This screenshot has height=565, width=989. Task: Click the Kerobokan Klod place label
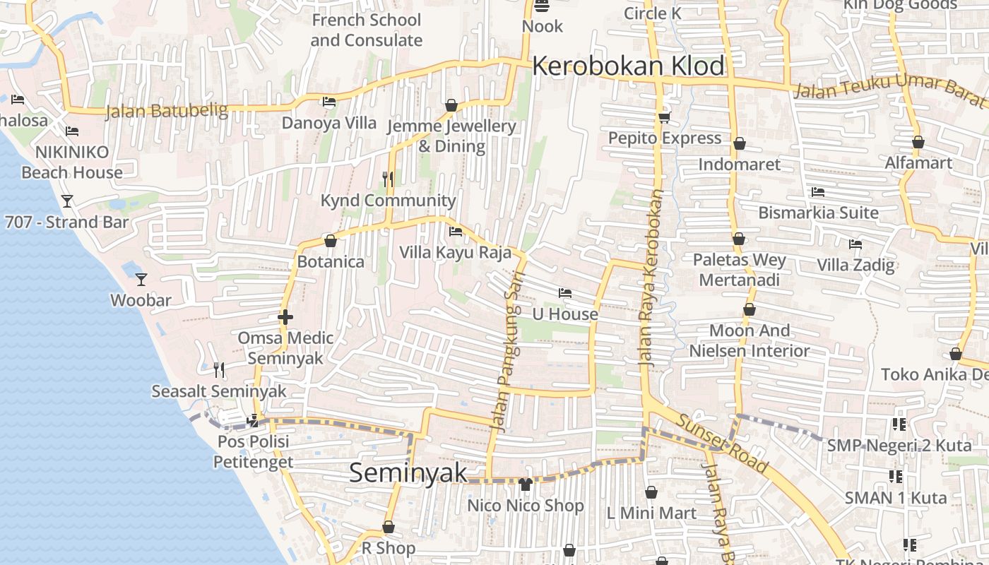[x=628, y=66]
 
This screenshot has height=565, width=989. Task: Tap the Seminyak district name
[x=408, y=472]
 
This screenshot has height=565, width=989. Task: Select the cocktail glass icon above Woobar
[x=141, y=279]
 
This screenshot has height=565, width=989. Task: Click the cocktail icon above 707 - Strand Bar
[x=67, y=201]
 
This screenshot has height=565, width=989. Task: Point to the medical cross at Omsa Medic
[x=285, y=317]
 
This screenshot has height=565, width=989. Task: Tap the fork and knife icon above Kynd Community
[x=388, y=179]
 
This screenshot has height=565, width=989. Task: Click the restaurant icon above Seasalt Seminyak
[x=219, y=369]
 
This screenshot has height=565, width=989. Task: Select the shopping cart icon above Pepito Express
[x=664, y=117]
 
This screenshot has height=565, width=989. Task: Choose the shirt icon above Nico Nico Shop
[x=525, y=484]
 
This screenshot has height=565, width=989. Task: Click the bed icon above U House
[x=564, y=292]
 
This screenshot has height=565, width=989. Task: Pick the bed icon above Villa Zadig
[x=855, y=244]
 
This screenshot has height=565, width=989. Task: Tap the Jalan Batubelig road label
[x=167, y=111]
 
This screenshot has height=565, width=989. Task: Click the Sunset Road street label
[x=721, y=443]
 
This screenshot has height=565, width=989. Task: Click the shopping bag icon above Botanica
[x=330, y=241]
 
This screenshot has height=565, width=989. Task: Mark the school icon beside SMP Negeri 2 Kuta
[x=899, y=424]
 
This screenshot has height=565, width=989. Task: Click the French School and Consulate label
[x=366, y=30]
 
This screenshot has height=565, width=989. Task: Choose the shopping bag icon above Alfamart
[x=918, y=142]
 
